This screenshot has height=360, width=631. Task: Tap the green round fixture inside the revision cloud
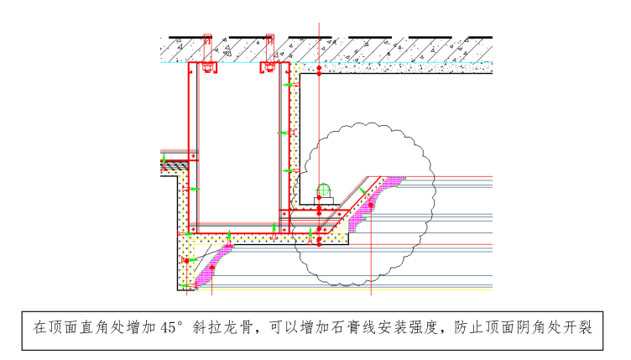click(323, 190)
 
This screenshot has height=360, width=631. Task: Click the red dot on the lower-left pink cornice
click(212, 268)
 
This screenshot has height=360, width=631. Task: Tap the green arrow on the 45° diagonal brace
click(362, 190)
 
